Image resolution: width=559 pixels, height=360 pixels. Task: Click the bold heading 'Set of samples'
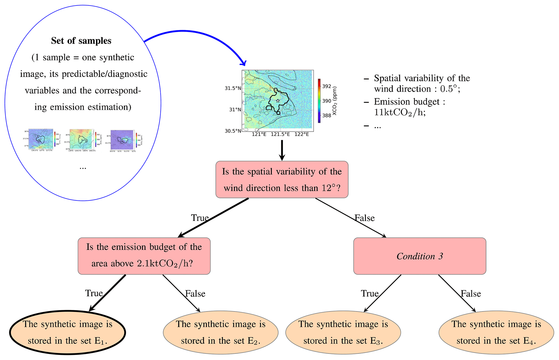tap(81, 41)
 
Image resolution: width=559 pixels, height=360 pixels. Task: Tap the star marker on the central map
tap(278, 101)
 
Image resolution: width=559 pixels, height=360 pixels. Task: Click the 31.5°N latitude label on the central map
tap(233, 88)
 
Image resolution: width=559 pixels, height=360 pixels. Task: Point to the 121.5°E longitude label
tap(280, 134)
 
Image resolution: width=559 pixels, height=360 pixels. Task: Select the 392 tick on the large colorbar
tap(327, 86)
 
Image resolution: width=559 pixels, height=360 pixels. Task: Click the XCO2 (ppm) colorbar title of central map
tap(335, 101)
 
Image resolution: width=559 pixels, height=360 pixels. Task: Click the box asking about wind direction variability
tap(282, 180)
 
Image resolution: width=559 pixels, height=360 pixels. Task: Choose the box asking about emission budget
tap(144, 256)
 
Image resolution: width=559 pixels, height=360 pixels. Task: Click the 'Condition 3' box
tap(419, 256)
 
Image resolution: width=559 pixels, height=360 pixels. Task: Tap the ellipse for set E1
tap(68, 332)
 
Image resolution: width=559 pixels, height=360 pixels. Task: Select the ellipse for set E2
tap(221, 332)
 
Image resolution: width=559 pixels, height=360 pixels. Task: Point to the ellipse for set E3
tap(343, 332)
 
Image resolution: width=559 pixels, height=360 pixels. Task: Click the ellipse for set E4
tap(496, 332)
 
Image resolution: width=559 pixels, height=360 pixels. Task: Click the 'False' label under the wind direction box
tap(365, 218)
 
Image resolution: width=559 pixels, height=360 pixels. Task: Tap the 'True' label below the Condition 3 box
tap(369, 293)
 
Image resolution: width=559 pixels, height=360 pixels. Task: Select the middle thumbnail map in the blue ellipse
tap(81, 140)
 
